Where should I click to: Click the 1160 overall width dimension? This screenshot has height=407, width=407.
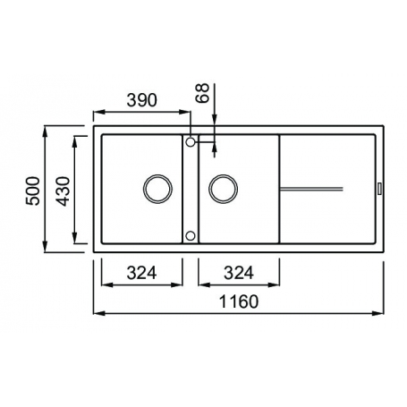tap(239, 301)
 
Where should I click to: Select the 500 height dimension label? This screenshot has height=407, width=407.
tap(33, 191)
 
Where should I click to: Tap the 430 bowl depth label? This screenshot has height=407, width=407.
tap(63, 191)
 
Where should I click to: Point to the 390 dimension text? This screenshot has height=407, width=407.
tap(141, 100)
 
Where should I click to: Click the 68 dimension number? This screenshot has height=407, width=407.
tap(203, 93)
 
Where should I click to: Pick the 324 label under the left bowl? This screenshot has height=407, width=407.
tap(141, 273)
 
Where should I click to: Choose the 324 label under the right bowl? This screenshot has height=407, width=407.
tap(239, 273)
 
